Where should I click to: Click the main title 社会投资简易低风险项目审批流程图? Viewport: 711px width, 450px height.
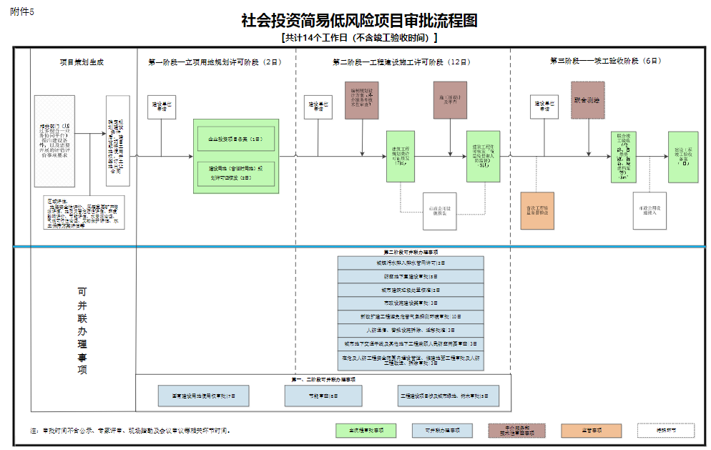tap(359, 20)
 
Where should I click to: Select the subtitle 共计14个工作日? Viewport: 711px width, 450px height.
tap(359, 38)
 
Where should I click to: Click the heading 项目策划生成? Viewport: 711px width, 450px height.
tap(82, 62)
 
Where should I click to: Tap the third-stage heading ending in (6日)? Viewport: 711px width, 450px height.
tap(605, 62)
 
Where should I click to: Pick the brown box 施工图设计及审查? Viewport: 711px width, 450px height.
tap(450, 100)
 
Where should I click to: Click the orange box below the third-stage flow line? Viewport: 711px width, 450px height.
tap(537, 210)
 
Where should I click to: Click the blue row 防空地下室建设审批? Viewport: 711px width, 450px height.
tap(411, 276)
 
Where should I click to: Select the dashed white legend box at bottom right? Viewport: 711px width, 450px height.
tap(666, 431)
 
